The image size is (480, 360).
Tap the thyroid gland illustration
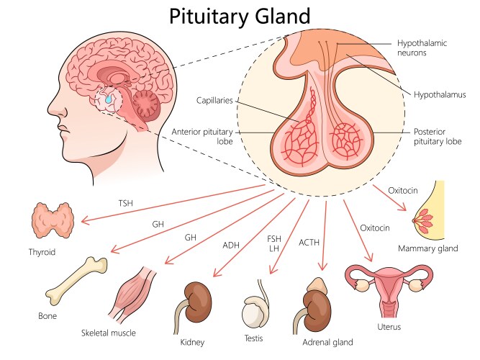(53, 221)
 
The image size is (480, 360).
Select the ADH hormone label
(231, 245)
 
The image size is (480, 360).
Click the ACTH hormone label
(310, 243)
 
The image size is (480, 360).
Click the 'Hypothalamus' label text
(440, 94)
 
